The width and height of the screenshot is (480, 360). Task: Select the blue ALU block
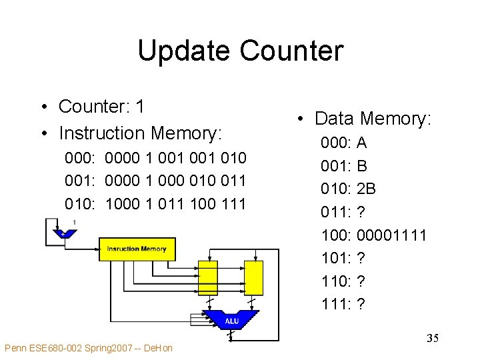pos(231,320)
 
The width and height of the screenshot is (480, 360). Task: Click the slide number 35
pos(432,339)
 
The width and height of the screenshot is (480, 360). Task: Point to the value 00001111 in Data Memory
pos(392,235)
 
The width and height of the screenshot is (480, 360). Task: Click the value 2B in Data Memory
pos(367,189)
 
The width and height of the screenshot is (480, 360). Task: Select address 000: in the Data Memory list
pos(337,143)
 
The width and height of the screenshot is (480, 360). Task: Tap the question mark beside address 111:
pos(361,304)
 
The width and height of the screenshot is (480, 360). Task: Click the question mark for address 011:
pos(361,212)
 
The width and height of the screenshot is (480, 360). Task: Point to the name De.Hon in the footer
pos(158,348)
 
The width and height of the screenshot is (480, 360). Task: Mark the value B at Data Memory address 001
pos(362,166)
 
